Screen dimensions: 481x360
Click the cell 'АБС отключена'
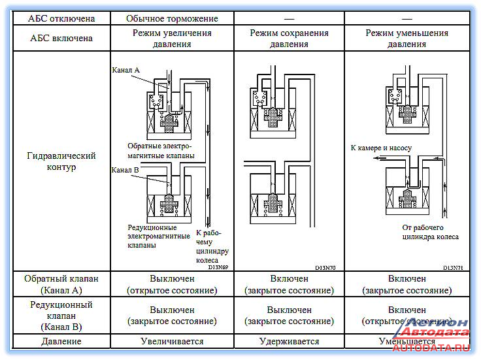(x=61, y=18)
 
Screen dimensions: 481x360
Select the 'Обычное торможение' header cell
(x=172, y=18)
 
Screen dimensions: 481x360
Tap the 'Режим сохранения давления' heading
(x=289, y=39)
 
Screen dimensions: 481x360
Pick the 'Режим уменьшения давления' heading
(x=406, y=39)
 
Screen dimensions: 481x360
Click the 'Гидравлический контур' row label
(x=61, y=161)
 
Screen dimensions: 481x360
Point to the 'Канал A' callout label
(x=125, y=70)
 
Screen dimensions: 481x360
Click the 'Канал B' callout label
(x=125, y=170)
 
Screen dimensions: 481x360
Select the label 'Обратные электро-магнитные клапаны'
(x=161, y=150)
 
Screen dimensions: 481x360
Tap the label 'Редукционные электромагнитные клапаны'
(x=159, y=236)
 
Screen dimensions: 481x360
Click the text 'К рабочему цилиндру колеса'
(x=212, y=246)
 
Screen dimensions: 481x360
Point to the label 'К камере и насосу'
(x=381, y=148)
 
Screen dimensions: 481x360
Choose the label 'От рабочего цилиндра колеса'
(x=431, y=232)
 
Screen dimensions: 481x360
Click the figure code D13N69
(x=218, y=267)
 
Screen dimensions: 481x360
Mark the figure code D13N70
(x=325, y=268)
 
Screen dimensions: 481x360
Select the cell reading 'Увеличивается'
(x=172, y=341)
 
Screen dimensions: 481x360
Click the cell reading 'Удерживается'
(x=290, y=341)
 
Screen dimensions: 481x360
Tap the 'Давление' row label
(x=61, y=341)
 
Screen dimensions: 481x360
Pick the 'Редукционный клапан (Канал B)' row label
(x=61, y=316)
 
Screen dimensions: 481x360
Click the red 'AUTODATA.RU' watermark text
(x=431, y=348)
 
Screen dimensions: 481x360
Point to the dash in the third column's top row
(x=290, y=19)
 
